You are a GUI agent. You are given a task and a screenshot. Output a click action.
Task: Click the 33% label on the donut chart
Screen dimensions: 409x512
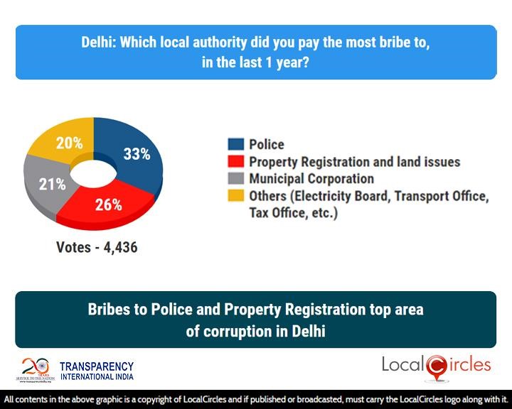point(136,153)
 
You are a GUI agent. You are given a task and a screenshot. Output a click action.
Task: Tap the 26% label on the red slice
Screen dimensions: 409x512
point(110,205)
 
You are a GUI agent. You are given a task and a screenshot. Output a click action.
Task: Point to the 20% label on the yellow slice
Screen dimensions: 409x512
point(69,143)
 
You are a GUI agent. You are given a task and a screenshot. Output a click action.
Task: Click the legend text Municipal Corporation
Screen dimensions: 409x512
point(311,179)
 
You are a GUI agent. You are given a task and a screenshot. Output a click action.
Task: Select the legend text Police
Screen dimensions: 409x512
point(267,145)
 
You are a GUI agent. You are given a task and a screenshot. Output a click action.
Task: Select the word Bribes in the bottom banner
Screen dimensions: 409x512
point(107,310)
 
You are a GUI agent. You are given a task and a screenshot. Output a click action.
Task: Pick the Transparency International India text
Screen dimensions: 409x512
point(96,371)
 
